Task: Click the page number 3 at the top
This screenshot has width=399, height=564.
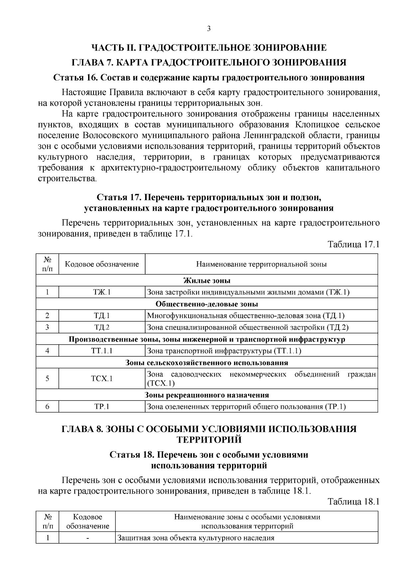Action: (209, 29)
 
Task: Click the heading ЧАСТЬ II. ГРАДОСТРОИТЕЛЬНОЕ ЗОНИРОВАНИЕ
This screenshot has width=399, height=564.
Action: (209, 48)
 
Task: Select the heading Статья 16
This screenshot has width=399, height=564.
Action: (209, 78)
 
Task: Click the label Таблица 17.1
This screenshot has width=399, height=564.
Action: (353, 244)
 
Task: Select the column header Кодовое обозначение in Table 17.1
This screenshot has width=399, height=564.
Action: (102, 264)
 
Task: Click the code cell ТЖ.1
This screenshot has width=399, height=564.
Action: (102, 292)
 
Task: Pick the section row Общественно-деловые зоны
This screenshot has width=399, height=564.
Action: (207, 304)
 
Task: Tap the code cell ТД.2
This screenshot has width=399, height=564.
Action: (102, 327)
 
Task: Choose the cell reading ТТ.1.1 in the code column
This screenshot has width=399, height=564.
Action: (102, 351)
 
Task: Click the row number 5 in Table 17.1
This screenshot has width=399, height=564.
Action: (48, 378)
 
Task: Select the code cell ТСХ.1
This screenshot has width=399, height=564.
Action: (102, 378)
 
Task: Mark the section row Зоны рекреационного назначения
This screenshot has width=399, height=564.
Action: (207, 395)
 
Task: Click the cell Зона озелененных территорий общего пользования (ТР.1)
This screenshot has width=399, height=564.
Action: (246, 406)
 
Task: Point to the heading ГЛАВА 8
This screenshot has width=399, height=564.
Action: (209, 429)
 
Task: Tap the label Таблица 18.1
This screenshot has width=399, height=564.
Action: (353, 501)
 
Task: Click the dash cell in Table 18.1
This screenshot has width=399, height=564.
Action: (87, 538)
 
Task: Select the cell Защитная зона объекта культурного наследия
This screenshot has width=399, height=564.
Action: (196, 538)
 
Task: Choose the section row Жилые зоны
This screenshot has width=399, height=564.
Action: (207, 281)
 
